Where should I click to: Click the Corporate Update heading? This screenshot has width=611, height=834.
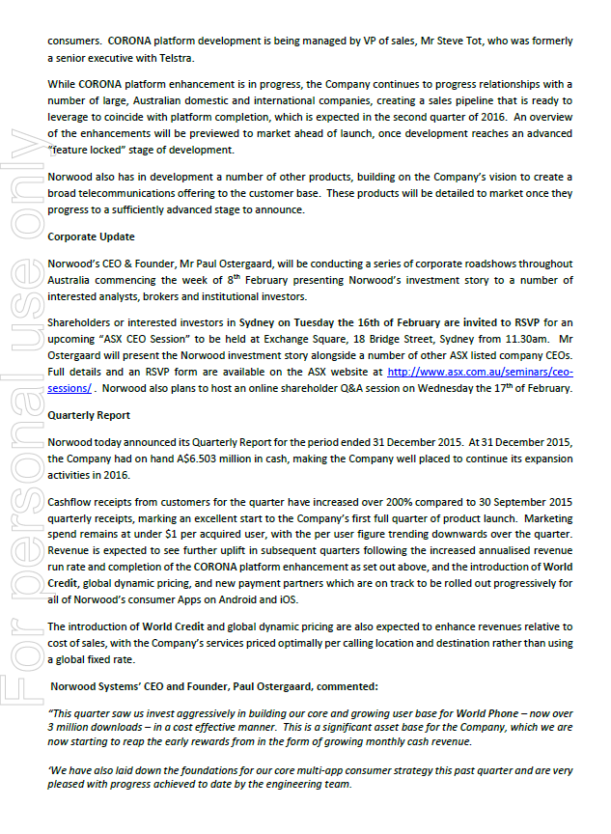tap(92, 236)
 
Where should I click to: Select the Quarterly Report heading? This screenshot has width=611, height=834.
tap(90, 415)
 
